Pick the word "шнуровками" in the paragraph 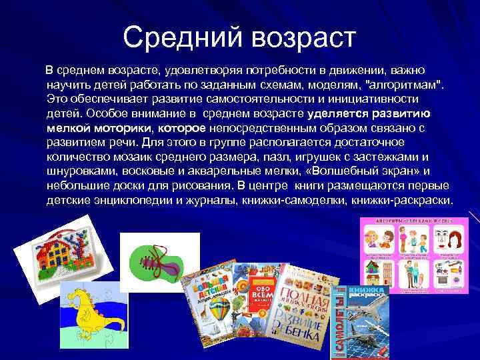(x=79, y=171)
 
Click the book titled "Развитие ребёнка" (x=303, y=307)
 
